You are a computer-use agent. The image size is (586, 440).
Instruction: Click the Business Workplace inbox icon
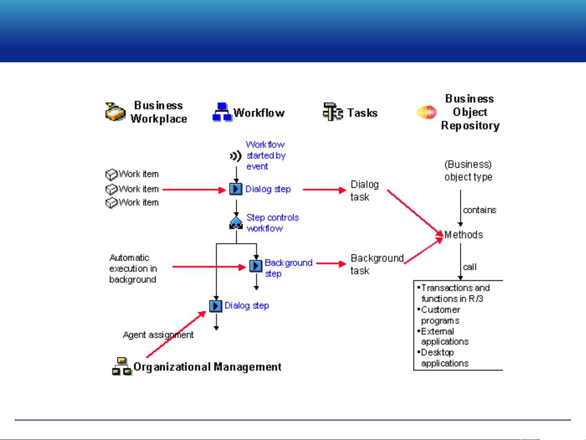pyautogui.click(x=115, y=112)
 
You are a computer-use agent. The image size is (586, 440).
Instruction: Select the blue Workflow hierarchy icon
pyautogui.click(x=222, y=112)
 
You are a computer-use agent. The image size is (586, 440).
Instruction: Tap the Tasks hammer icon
pyautogui.click(x=333, y=112)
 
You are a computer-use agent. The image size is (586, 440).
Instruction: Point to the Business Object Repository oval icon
pyautogui.click(x=427, y=112)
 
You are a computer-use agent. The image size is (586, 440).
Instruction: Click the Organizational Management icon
pyautogui.click(x=122, y=366)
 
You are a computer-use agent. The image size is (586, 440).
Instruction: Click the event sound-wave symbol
pyautogui.click(x=236, y=156)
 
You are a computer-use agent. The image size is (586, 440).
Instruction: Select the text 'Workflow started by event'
pyautogui.click(x=266, y=155)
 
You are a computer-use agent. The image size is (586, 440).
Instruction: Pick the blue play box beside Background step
pyautogui.click(x=256, y=266)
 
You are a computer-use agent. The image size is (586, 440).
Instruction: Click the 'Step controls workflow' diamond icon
pyautogui.click(x=236, y=223)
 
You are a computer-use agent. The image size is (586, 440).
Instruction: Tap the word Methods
pyautogui.click(x=464, y=235)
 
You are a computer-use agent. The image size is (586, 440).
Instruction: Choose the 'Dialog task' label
pyautogui.click(x=364, y=191)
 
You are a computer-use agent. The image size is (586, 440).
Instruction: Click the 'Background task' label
pyautogui.click(x=377, y=265)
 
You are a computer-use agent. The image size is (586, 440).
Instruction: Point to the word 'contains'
pyautogui.click(x=479, y=210)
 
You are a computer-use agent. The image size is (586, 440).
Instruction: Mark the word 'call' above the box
pyautogui.click(x=470, y=267)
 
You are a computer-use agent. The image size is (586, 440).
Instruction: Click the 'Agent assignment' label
pyautogui.click(x=158, y=335)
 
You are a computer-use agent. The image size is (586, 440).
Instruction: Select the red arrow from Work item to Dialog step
pyautogui.click(x=194, y=190)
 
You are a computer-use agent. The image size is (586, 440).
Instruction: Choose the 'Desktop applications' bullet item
pyautogui.click(x=443, y=358)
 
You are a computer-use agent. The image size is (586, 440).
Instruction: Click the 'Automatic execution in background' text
pyautogui.click(x=133, y=269)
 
